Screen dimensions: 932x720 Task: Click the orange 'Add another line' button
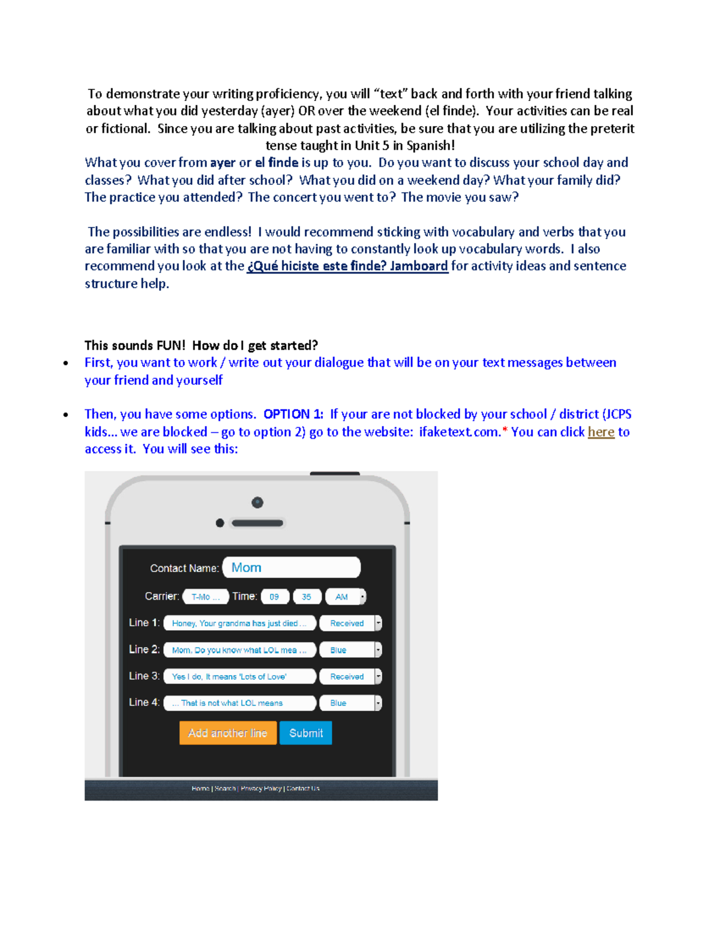coord(227,733)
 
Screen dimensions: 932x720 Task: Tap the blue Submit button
coord(305,733)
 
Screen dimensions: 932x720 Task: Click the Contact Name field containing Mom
coord(291,568)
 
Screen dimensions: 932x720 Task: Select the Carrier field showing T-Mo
coord(205,597)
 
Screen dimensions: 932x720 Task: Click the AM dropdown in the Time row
coord(345,597)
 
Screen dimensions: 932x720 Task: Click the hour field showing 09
coord(274,597)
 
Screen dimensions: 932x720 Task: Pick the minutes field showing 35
coord(307,597)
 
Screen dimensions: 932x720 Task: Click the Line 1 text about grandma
coord(239,624)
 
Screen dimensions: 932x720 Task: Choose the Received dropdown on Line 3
coord(350,676)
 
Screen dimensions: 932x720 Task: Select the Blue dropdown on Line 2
coord(350,650)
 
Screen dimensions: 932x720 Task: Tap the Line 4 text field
coord(239,703)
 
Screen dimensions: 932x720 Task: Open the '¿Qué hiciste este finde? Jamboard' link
coord(347,266)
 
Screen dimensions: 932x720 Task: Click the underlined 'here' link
coord(601,432)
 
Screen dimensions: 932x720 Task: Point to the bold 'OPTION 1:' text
coord(293,414)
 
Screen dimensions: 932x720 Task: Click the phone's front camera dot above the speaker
coord(257,502)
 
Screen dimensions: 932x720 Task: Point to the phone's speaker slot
coord(257,523)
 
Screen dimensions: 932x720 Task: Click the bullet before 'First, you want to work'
coord(65,363)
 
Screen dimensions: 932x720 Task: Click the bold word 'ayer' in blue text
coord(223,163)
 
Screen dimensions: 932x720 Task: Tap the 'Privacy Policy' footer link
coord(261,789)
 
